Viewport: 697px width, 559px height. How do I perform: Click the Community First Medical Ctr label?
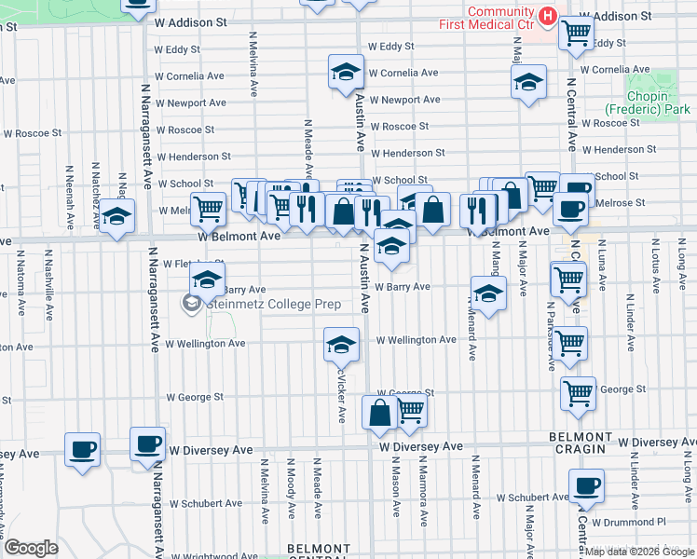pos(499,17)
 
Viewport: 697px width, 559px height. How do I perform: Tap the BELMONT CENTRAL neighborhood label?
pos(320,552)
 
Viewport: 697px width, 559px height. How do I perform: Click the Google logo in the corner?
pos(30,548)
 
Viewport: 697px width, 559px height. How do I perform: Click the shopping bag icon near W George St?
pos(379,413)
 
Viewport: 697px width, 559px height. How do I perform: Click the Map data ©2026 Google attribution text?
pos(638,551)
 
